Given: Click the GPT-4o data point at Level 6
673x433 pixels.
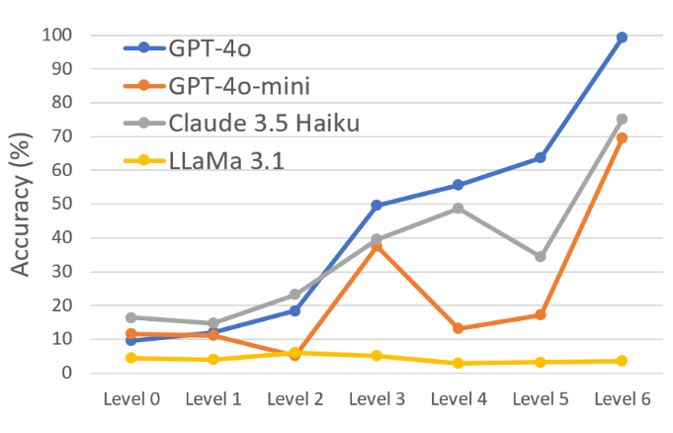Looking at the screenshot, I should click(x=622, y=38).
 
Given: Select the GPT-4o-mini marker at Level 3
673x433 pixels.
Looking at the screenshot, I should click(x=377, y=245).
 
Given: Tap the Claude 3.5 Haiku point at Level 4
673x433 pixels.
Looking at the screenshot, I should click(x=459, y=209).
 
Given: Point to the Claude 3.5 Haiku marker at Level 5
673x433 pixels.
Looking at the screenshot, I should click(x=540, y=256).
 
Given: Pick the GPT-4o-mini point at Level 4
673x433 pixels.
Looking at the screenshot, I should click(x=459, y=328).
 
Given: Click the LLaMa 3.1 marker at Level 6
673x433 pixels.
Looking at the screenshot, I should click(x=622, y=361).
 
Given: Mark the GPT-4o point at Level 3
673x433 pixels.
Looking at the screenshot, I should click(x=377, y=205).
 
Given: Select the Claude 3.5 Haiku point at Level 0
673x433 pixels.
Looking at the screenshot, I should click(x=131, y=317).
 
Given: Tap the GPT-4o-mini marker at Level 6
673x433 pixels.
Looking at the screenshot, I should click(x=622, y=137).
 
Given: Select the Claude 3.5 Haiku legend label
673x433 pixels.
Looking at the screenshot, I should click(x=263, y=124).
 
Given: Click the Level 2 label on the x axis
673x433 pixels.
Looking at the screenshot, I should click(x=294, y=398).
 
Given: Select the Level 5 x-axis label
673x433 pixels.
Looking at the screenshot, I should click(x=540, y=398).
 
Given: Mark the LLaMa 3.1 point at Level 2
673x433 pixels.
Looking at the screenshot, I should click(x=294, y=352).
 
